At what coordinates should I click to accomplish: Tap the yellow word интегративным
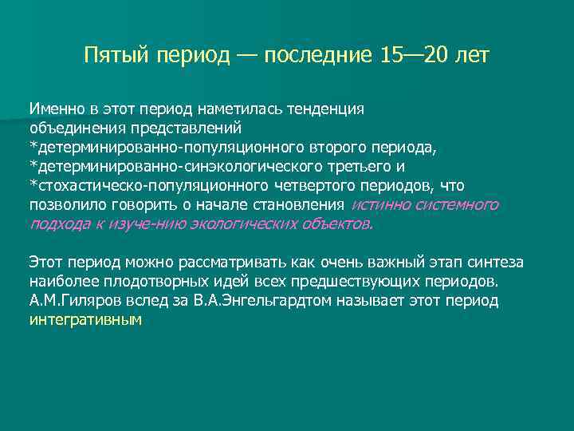tap(85, 321)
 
